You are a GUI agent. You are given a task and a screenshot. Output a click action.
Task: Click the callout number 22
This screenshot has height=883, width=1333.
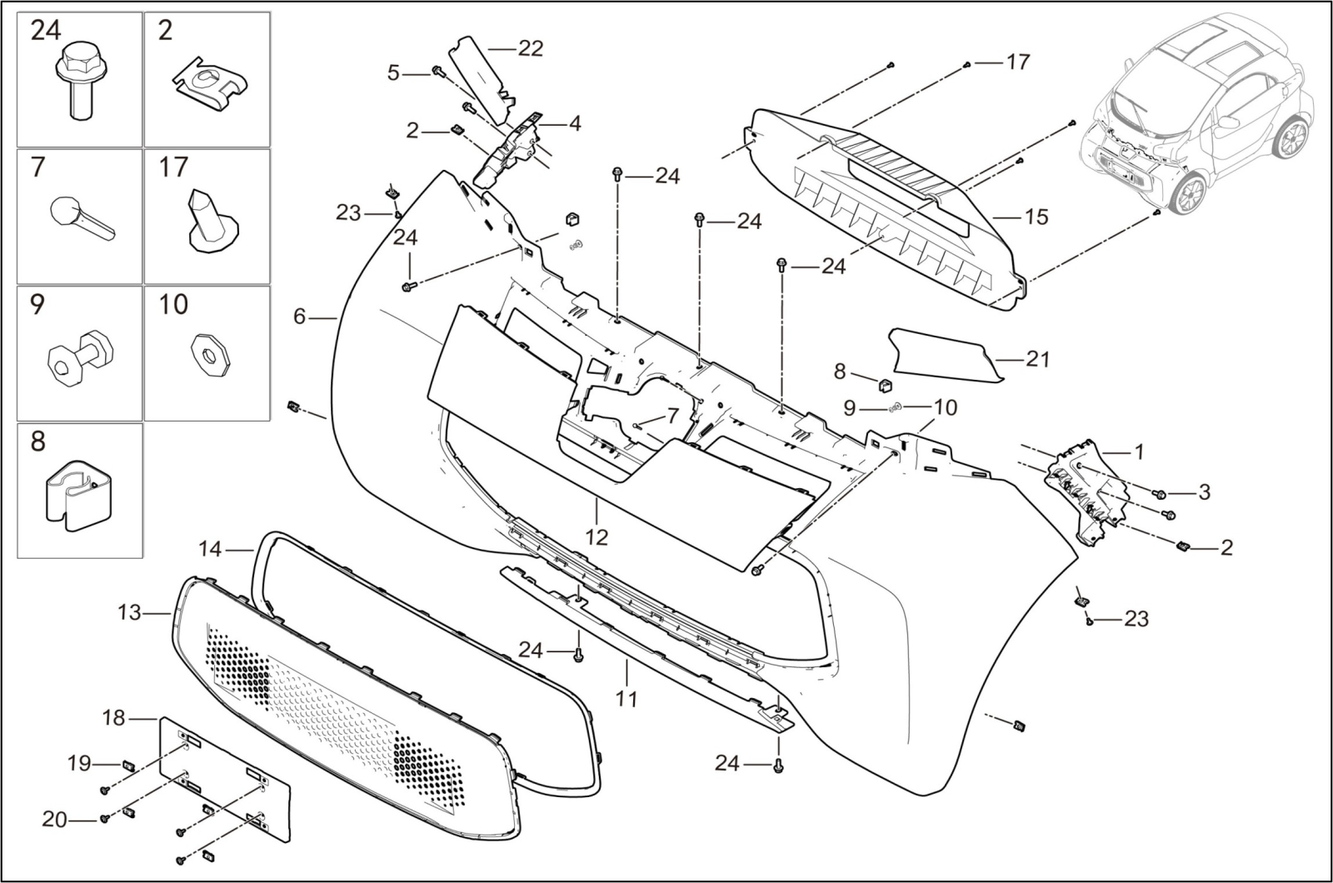tap(530, 48)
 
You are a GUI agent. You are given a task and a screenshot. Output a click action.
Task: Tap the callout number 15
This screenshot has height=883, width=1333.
tap(1036, 217)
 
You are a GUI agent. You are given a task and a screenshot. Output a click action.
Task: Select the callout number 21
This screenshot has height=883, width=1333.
tap(1037, 359)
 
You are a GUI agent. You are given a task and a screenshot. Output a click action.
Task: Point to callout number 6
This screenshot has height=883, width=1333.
tap(300, 317)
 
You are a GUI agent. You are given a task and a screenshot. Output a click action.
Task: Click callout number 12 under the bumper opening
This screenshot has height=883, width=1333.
tap(597, 536)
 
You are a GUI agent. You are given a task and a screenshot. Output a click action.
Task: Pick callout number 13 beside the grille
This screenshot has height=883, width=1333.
tap(129, 613)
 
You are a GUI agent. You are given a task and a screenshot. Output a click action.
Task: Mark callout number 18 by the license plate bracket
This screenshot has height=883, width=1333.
tap(113, 717)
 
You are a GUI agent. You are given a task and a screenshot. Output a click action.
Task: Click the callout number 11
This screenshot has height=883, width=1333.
tap(626, 698)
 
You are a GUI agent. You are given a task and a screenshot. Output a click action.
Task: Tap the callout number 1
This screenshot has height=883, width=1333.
tap(1139, 452)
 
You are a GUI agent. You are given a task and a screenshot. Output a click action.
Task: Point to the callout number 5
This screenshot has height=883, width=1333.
tap(394, 73)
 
